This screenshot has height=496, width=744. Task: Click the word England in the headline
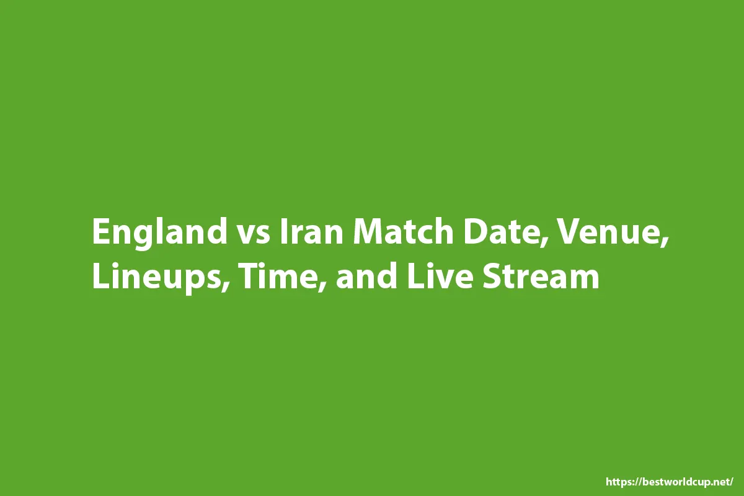(x=160, y=233)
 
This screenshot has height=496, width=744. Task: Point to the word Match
(x=403, y=231)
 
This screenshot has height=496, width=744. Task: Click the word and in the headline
(x=366, y=277)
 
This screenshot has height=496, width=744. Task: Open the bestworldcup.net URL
(x=669, y=482)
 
